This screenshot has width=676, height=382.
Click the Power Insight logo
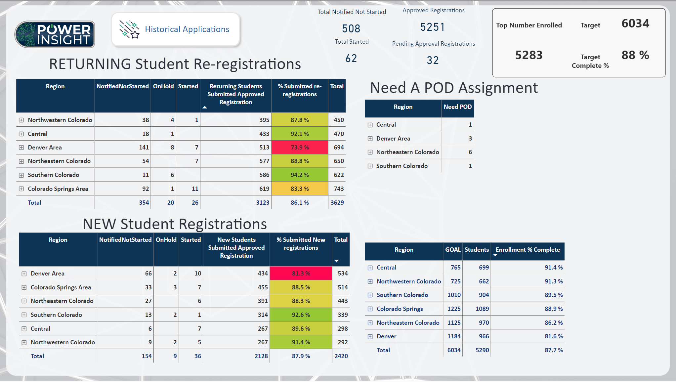pyautogui.click(x=55, y=34)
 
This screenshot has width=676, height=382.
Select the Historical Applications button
pyautogui.click(x=176, y=29)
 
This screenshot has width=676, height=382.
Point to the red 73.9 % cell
pyautogui.click(x=300, y=147)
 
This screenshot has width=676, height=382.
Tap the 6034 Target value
pyautogui.click(x=635, y=23)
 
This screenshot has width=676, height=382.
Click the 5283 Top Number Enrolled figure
pyautogui.click(x=529, y=55)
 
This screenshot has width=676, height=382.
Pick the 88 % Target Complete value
pyautogui.click(x=635, y=55)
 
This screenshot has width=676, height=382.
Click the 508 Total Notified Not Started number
pyautogui.click(x=351, y=29)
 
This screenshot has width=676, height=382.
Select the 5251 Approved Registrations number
pyautogui.click(x=433, y=27)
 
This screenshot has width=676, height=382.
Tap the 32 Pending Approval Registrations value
pyautogui.click(x=433, y=60)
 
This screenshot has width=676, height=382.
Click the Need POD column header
pyautogui.click(x=458, y=107)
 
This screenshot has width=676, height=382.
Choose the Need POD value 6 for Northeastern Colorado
pyautogui.click(x=470, y=152)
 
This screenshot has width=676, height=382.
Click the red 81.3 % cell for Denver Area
pyautogui.click(x=301, y=274)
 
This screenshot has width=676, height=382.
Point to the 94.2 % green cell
pyautogui.click(x=300, y=175)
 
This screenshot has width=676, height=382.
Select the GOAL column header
pyautogui.click(x=453, y=250)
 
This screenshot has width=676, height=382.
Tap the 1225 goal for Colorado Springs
pyautogui.click(x=454, y=309)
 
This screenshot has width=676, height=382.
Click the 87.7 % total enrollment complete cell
pyautogui.click(x=554, y=350)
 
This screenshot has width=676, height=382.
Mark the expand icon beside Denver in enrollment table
pyautogui.click(x=370, y=337)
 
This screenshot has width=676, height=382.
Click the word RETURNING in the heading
pyautogui.click(x=90, y=64)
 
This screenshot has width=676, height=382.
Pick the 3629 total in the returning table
pyautogui.click(x=337, y=203)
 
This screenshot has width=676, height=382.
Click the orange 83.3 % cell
pyautogui.click(x=300, y=189)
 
